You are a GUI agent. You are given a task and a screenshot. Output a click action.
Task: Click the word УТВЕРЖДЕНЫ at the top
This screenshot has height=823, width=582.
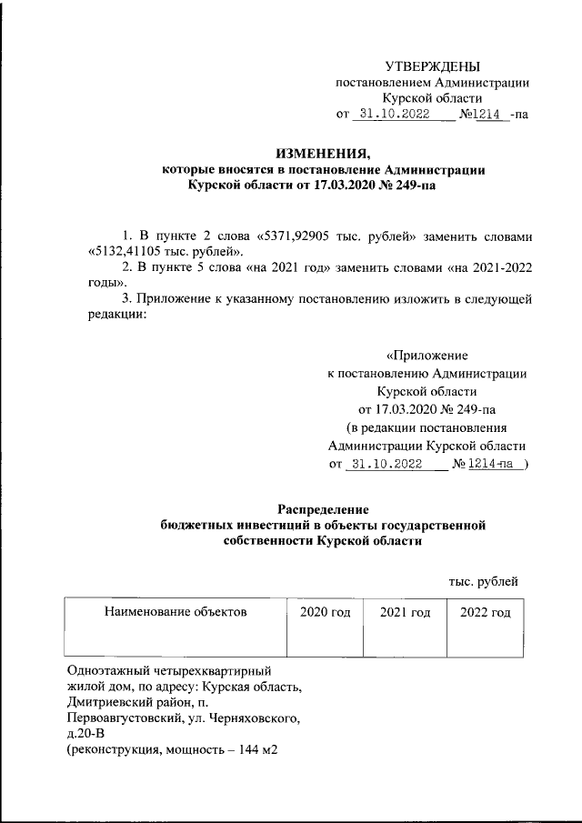click(x=432, y=65)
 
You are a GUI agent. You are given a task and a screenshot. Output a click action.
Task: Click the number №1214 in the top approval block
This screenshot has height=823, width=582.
click(x=483, y=115)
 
